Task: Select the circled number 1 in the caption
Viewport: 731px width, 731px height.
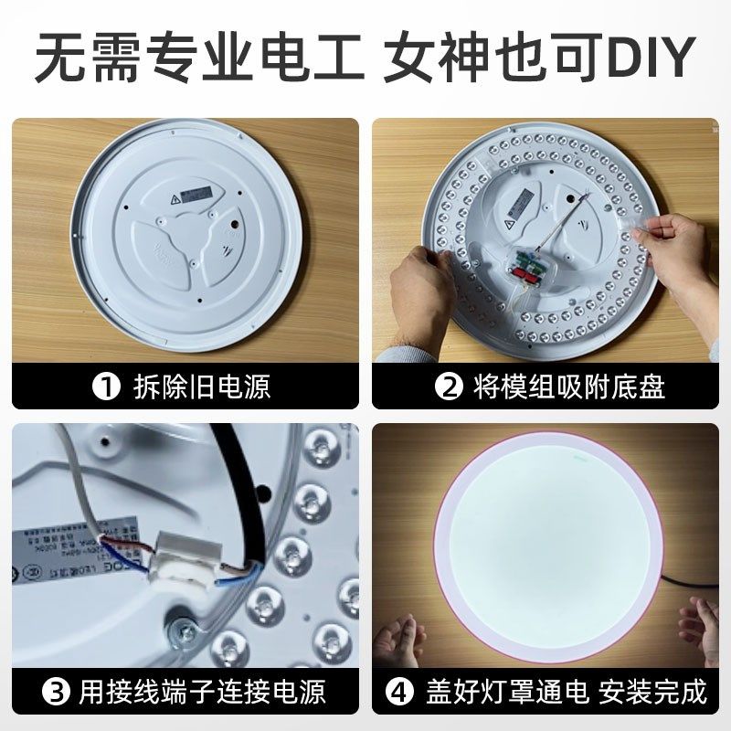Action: pos(108,387)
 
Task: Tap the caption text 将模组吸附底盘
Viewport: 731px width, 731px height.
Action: pos(568,387)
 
